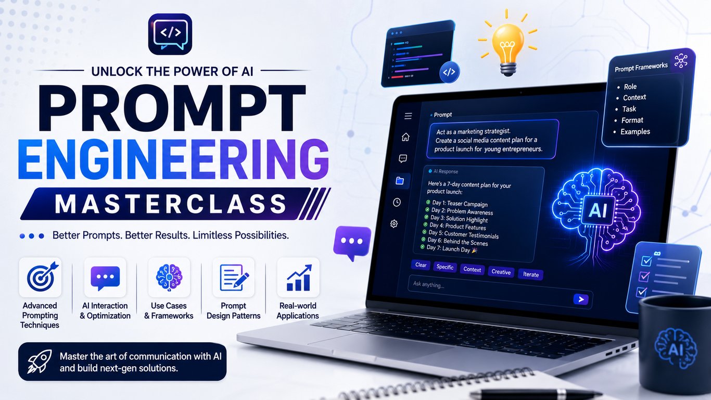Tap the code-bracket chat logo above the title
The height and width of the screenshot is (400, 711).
click(170, 34)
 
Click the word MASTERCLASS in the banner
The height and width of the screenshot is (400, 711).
click(170, 204)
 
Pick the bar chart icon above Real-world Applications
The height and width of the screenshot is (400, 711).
click(299, 278)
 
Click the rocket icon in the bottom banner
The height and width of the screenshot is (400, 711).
click(40, 361)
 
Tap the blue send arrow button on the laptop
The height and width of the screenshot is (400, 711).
click(581, 299)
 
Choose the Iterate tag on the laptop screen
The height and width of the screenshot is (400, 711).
click(531, 274)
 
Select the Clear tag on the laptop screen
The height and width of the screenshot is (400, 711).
click(421, 265)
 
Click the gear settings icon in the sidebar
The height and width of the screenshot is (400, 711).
click(394, 223)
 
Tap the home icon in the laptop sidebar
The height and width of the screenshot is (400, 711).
click(405, 137)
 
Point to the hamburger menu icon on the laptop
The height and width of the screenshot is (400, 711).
click(408, 116)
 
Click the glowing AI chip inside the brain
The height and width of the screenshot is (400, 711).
click(598, 210)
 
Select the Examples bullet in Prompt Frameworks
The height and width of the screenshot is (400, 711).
click(635, 132)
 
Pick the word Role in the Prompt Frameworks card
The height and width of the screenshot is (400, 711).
click(630, 87)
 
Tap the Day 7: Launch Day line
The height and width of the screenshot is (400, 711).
click(449, 249)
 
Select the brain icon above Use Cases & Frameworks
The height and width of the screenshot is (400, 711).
click(169, 278)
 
